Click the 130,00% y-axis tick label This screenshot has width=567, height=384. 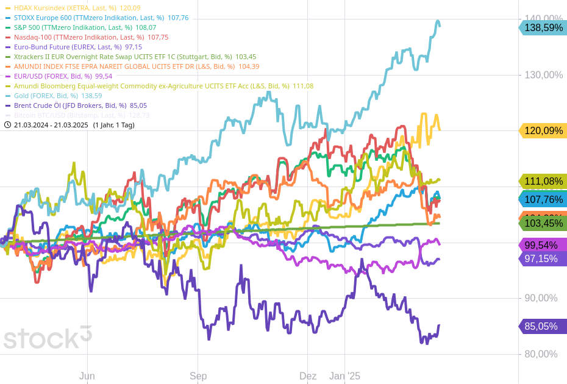[x=544, y=75]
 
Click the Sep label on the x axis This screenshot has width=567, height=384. [x=198, y=376]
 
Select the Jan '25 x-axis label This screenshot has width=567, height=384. [x=344, y=376]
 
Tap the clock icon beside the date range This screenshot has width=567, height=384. [x=7, y=125]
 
